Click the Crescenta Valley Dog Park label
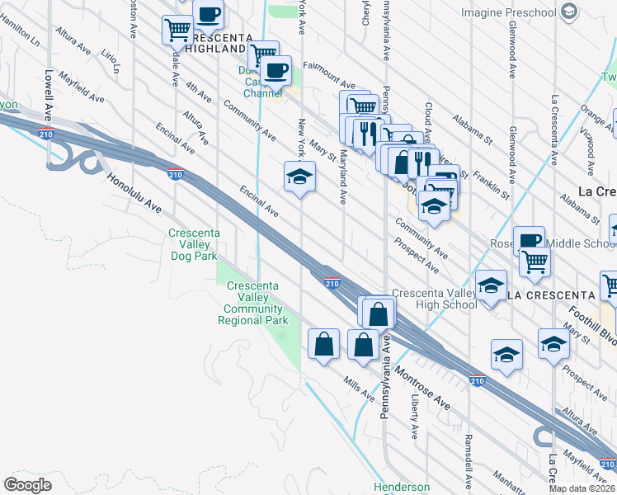[194, 244]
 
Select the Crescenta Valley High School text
[434, 299]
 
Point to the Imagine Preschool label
[508, 12]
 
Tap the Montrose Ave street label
[422, 390]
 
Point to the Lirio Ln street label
[110, 60]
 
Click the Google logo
[27, 485]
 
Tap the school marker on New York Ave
[300, 177]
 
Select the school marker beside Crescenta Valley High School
[492, 286]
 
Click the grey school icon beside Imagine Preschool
[568, 12]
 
